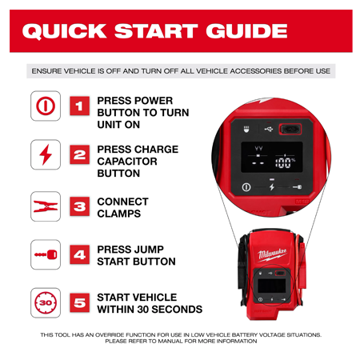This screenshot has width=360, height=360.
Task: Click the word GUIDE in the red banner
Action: tap(246, 30)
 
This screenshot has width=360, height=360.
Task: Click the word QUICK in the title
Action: tap(65, 31)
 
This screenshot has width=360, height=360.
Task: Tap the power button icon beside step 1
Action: tap(46, 106)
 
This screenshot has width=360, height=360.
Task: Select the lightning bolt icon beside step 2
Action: tap(46, 154)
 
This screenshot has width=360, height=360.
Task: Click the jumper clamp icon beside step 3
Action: tap(46, 206)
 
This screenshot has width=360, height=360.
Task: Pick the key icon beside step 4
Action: tap(46, 254)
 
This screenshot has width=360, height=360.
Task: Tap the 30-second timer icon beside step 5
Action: tap(46, 302)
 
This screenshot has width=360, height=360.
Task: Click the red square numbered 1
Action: tap(80, 106)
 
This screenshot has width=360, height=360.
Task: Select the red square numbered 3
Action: tap(80, 206)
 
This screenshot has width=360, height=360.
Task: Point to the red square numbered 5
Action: tap(80, 302)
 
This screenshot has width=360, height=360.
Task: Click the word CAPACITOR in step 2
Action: tap(127, 162)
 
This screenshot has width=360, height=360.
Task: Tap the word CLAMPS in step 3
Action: tap(119, 214)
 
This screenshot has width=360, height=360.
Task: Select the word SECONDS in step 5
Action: tap(177, 310)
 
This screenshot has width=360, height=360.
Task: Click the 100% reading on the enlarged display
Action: tap(286, 162)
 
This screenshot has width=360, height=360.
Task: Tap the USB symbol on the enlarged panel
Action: tap(269, 130)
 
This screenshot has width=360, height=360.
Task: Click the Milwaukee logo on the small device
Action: tap(272, 254)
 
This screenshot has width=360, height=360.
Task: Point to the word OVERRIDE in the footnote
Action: tap(109, 334)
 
